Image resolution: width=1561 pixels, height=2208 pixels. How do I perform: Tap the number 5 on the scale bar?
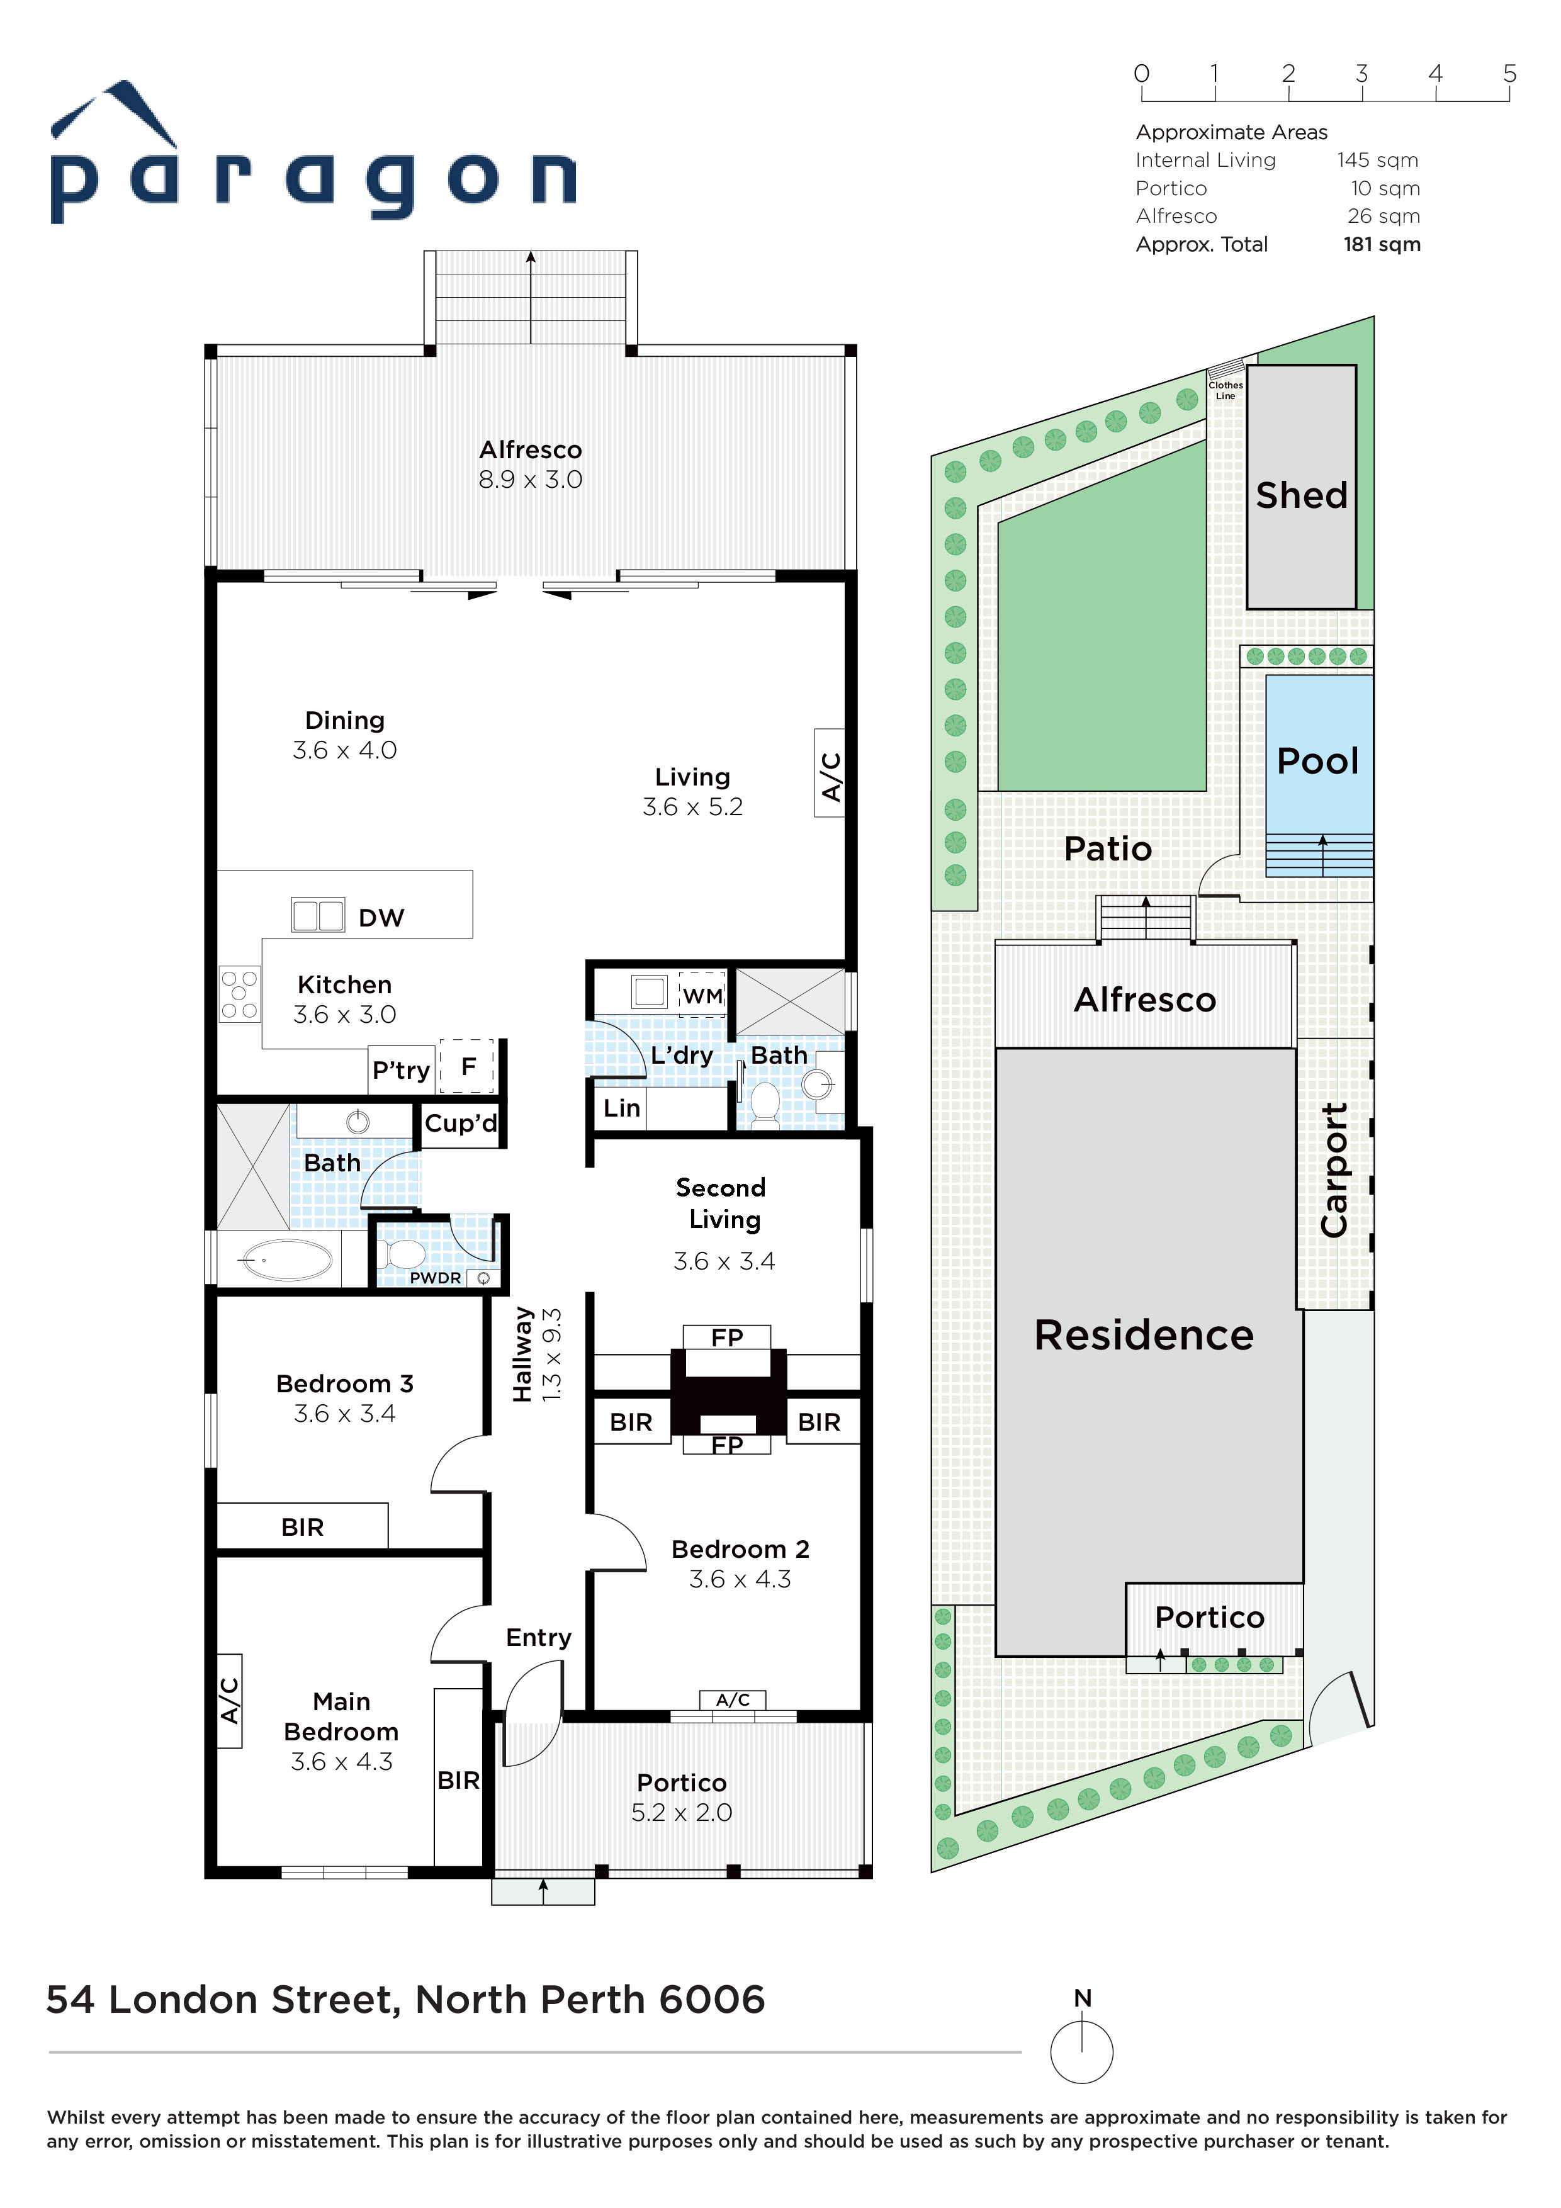click(1509, 73)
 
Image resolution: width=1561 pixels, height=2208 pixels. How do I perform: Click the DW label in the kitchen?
click(381, 918)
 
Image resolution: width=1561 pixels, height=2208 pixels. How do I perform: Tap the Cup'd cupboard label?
click(461, 1124)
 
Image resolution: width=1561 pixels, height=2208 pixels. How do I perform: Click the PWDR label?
click(435, 1278)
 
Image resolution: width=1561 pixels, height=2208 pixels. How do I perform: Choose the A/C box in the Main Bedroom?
click(229, 1700)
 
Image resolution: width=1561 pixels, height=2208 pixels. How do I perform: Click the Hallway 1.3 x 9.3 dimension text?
click(551, 1353)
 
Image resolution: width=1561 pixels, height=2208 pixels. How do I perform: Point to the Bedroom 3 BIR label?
click(302, 1527)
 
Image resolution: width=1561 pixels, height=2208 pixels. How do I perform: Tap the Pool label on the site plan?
click(1317, 761)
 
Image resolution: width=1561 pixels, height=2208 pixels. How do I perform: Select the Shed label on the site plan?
click(1301, 495)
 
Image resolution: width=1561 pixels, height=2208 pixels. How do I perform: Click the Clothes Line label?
click(1226, 390)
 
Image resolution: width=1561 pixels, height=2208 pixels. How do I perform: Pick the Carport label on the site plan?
click(1334, 1170)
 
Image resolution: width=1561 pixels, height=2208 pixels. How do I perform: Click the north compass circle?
click(1082, 2052)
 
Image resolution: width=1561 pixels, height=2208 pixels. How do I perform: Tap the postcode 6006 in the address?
click(712, 1999)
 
